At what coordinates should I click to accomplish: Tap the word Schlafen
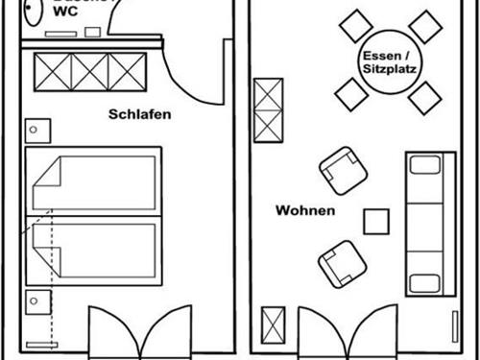(140, 114)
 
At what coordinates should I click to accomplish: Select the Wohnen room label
(305, 210)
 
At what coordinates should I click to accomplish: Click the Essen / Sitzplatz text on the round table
(389, 62)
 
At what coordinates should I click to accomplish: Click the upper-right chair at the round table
(424, 26)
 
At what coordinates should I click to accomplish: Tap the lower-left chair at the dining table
(350, 93)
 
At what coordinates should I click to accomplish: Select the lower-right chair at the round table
(423, 97)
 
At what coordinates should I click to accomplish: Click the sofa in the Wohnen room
(423, 223)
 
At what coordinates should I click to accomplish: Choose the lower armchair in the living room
(341, 262)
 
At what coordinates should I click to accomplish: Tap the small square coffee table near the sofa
(375, 221)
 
